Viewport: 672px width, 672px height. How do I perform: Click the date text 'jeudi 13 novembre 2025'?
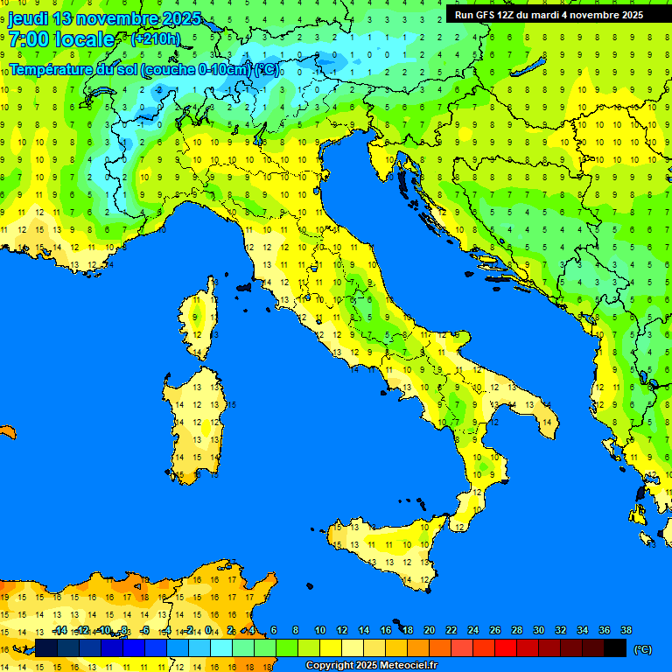104,18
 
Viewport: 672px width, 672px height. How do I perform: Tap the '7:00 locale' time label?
61,39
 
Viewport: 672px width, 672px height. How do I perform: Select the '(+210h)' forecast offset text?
155,39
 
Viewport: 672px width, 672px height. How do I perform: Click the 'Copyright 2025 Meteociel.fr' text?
371,666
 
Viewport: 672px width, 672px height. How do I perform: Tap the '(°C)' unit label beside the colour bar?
642,649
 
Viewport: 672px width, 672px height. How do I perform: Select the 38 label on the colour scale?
626,631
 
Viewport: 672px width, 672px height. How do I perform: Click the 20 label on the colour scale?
430,631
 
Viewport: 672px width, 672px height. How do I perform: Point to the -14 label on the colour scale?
59,631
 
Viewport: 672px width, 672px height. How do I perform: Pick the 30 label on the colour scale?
539,631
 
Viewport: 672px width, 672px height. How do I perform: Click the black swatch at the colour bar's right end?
615,647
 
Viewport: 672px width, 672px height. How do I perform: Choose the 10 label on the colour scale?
320,631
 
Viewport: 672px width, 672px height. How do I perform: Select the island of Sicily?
385,547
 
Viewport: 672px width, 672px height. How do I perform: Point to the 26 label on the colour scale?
495,631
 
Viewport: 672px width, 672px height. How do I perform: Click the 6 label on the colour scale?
274,631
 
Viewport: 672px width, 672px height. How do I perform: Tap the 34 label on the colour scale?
583,631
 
